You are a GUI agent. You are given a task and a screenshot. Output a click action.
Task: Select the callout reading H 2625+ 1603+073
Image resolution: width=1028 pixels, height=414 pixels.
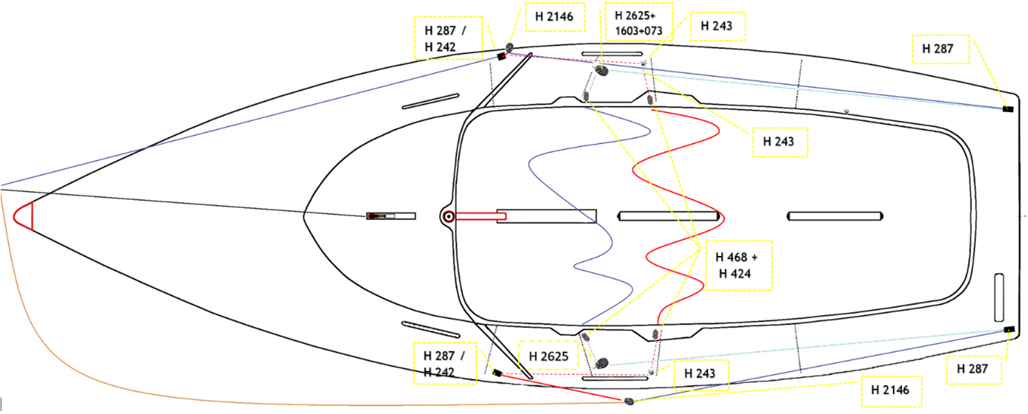pyautogui.click(x=639, y=22)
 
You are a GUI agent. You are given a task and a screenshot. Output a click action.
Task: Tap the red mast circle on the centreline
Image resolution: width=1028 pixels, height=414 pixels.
pyautogui.click(x=449, y=216)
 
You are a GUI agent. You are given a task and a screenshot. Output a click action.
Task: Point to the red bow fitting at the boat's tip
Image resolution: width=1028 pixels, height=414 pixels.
pyautogui.click(x=24, y=216)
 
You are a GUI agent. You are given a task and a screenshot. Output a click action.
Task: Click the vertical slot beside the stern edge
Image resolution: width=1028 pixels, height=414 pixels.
pyautogui.click(x=998, y=298)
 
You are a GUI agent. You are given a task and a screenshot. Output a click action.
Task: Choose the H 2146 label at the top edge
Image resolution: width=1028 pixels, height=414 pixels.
pyautogui.click(x=554, y=17)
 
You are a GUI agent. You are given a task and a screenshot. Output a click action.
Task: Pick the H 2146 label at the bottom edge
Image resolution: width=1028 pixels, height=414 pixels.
pyautogui.click(x=890, y=390)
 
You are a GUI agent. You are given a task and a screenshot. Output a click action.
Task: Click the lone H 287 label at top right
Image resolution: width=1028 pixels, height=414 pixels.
pyautogui.click(x=938, y=49)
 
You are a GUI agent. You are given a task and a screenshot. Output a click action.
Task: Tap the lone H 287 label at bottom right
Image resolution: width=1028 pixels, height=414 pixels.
pyautogui.click(x=972, y=369)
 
